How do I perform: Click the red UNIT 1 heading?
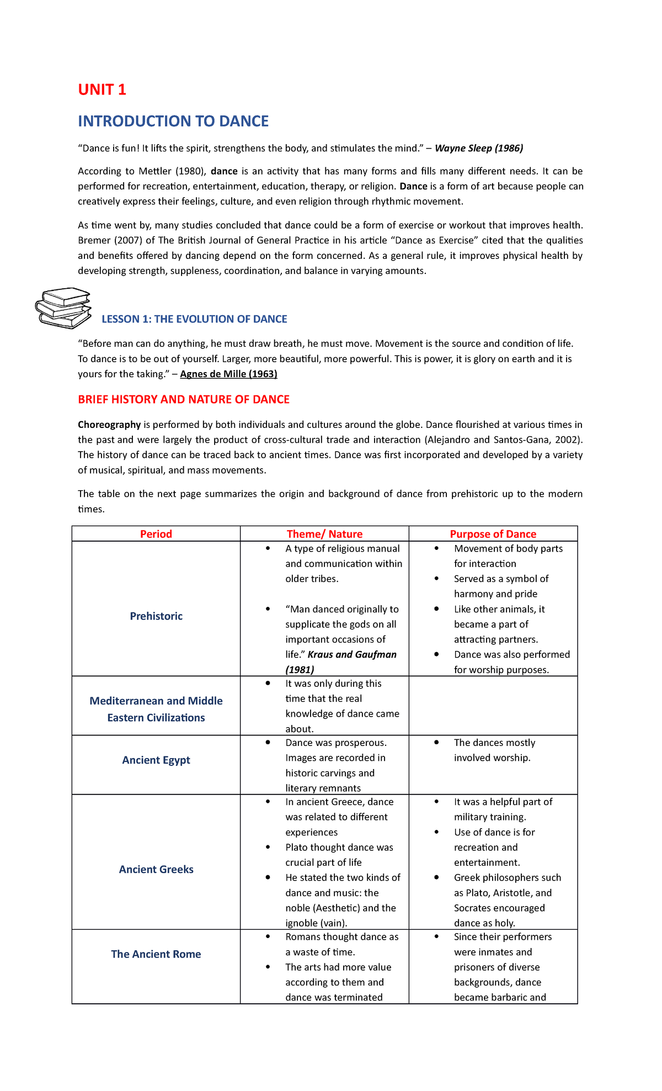102,89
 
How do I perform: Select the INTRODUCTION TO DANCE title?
173,121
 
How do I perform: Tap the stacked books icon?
63,308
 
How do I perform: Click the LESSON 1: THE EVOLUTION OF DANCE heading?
194,319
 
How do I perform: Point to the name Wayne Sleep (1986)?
479,148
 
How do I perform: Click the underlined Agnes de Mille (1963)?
228,374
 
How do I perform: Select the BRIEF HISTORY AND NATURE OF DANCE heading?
184,399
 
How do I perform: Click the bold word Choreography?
109,425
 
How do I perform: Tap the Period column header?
156,534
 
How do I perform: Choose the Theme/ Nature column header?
324,534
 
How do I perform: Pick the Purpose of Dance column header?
493,534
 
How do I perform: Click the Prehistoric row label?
156,616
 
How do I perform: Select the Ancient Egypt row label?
156,760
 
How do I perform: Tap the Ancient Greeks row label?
156,870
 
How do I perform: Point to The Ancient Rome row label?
156,954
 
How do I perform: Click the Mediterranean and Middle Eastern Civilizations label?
156,709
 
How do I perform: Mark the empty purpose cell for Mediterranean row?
493,706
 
